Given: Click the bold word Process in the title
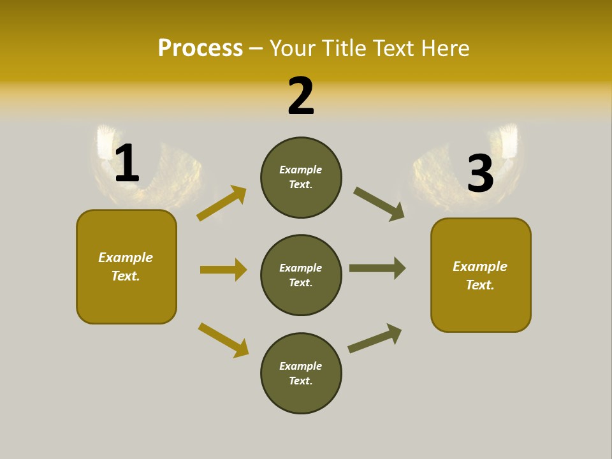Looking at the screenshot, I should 200,48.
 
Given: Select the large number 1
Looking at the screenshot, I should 127,163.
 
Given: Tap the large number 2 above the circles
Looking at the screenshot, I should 301,96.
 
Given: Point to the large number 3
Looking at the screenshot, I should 481,173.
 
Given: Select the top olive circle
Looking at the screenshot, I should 301,177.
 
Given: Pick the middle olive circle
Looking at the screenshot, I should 301,275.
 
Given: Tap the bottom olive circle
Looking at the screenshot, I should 301,373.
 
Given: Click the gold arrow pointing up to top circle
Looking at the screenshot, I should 222,203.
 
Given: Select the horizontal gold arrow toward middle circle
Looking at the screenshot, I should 223,270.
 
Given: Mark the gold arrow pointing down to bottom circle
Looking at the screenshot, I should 223,340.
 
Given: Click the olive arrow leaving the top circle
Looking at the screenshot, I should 379,204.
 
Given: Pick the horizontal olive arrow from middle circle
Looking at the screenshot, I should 377,268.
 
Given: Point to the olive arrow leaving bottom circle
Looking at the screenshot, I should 375,339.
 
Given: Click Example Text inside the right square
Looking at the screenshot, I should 480,275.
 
